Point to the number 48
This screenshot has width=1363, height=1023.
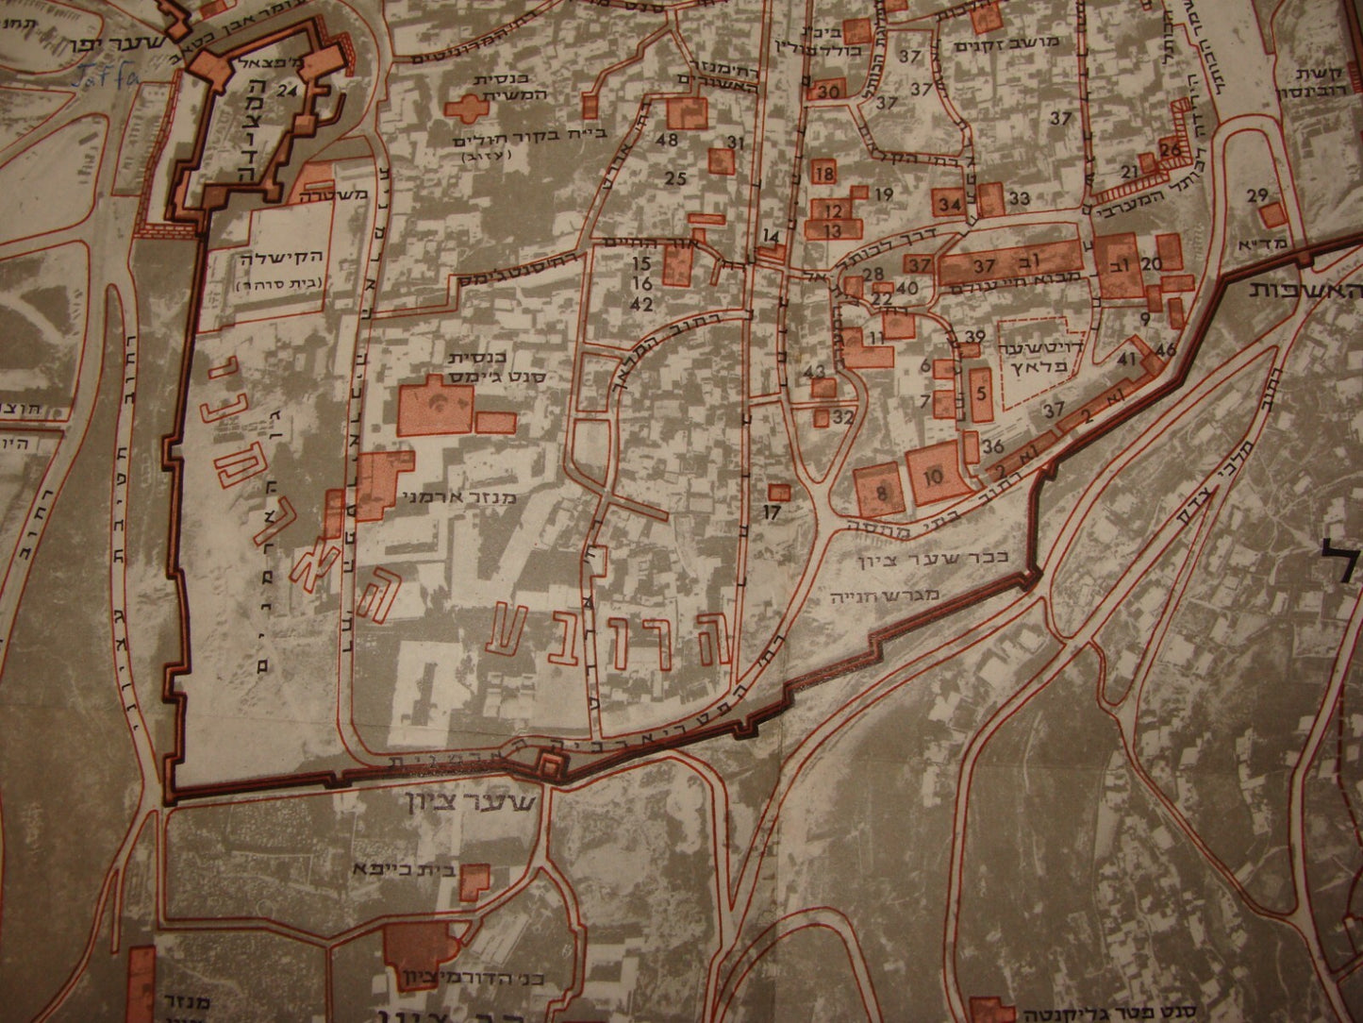(x=671, y=140)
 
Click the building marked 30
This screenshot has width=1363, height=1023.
(x=828, y=91)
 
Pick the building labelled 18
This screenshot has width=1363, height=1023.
(x=823, y=174)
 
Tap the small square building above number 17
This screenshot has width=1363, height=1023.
(x=778, y=492)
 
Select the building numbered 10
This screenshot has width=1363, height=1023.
(x=934, y=477)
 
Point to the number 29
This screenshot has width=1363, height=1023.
(x=1255, y=195)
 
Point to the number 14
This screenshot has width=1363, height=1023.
(x=772, y=236)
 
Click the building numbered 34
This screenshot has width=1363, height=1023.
(x=949, y=204)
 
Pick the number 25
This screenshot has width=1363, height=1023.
(x=674, y=178)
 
